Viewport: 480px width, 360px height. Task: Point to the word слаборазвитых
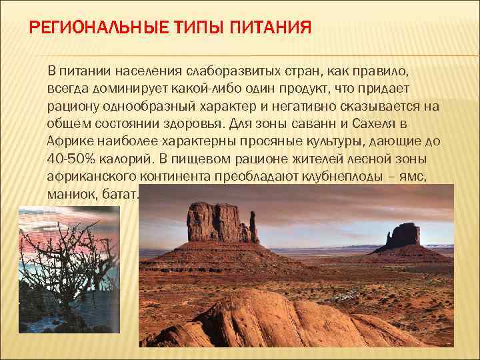pos(224,71)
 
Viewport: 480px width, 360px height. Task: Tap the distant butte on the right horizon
pos(404,237)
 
